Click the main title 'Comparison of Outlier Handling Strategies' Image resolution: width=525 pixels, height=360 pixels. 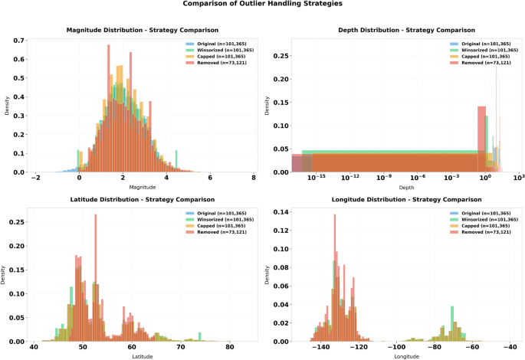[262, 4]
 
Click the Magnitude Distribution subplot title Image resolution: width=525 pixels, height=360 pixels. [143, 30]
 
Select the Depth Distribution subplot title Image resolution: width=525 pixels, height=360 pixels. [406, 30]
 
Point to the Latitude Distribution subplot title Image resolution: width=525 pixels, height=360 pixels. [143, 199]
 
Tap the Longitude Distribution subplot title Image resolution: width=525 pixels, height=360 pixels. [406, 199]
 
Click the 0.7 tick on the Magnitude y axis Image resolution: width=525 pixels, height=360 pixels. [18, 41]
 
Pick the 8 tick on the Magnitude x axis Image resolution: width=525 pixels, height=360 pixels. [254, 178]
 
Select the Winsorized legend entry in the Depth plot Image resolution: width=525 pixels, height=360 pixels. [484, 51]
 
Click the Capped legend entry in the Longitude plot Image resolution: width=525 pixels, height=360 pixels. [481, 226]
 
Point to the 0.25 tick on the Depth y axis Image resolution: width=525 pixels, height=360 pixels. [281, 56]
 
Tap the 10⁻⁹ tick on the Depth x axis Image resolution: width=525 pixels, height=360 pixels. [384, 177]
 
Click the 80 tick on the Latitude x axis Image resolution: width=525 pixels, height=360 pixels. [229, 347]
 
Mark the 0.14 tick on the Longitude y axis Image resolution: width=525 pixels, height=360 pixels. [281, 211]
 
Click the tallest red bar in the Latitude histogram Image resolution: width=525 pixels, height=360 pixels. [96, 278]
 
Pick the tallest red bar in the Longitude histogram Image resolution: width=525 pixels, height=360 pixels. [335, 278]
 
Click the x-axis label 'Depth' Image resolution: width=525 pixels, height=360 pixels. [406, 188]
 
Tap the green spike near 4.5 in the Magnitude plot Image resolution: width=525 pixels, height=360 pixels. [176, 162]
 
